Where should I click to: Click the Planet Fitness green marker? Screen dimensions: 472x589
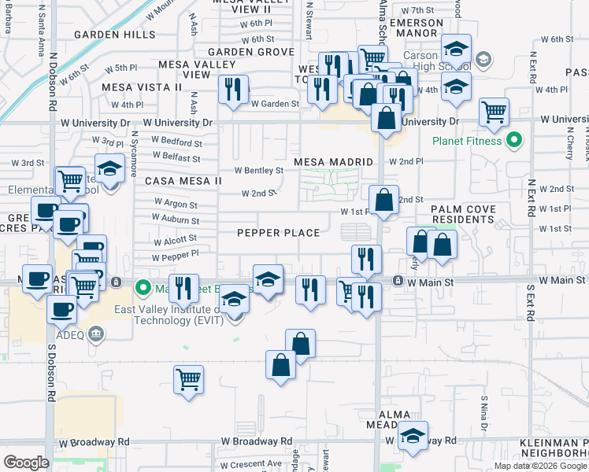point(515,141)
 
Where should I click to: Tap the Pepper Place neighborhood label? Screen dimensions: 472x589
point(280,233)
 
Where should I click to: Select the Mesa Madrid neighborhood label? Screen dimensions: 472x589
point(333,162)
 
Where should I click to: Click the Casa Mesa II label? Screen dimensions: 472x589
point(183,181)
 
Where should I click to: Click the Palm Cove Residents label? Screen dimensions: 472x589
point(463,215)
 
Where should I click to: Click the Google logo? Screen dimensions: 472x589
point(26,462)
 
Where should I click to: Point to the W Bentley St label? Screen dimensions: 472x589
point(259,170)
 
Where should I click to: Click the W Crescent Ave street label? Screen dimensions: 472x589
point(252,463)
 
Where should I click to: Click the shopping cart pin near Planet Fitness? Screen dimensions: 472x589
point(494,112)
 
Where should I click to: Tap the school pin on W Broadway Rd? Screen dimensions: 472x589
point(413,437)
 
